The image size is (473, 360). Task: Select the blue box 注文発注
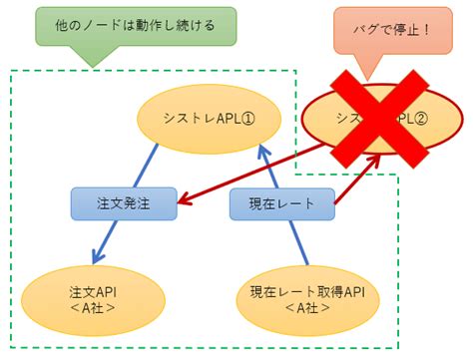(x=123, y=203)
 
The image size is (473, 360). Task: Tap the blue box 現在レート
(x=281, y=203)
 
